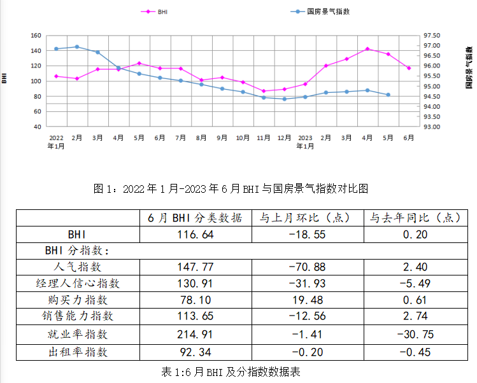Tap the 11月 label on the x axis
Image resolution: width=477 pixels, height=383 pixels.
264,137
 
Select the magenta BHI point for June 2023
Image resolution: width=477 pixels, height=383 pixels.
409,68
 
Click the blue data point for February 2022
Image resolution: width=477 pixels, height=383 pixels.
77,46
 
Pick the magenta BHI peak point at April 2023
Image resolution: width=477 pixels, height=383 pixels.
367,49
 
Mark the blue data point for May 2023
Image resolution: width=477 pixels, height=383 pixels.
388,95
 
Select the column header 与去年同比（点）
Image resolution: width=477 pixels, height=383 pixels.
415,218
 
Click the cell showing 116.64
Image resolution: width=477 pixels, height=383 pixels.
195,234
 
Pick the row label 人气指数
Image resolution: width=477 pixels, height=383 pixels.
78,267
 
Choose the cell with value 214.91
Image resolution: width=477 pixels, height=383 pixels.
195,334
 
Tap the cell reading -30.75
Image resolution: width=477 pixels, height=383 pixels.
415,334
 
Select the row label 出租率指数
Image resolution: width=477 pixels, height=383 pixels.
78,351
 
